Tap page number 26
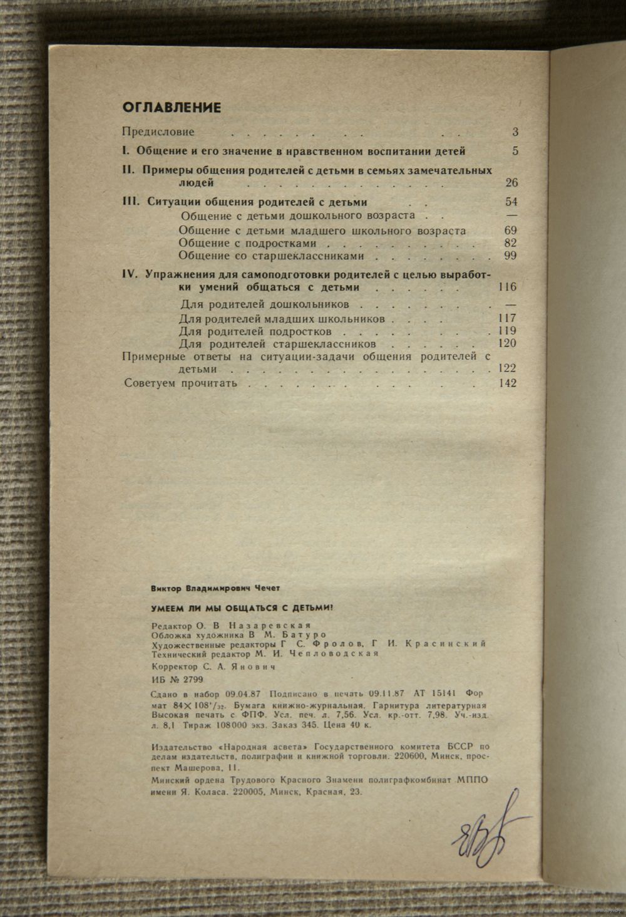(x=511, y=184)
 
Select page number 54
(x=511, y=202)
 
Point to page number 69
(x=511, y=231)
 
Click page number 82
(x=511, y=243)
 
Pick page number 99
(x=510, y=256)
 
